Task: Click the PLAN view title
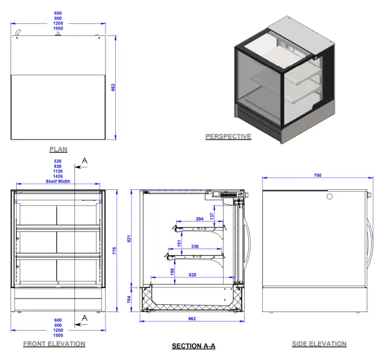(58, 149)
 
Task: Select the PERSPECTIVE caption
(228, 137)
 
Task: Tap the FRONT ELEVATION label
(54, 344)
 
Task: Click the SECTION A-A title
(193, 346)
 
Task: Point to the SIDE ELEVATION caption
(319, 344)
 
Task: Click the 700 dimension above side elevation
(317, 176)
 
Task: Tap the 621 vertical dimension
(128, 238)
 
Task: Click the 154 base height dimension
(128, 299)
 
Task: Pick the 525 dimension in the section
(192, 276)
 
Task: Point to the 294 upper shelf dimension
(200, 219)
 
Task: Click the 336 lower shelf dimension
(194, 246)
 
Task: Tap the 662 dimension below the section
(192, 319)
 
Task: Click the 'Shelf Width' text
(58, 181)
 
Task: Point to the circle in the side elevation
(329, 196)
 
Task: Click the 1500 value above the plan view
(58, 29)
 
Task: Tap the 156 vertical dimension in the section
(173, 271)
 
